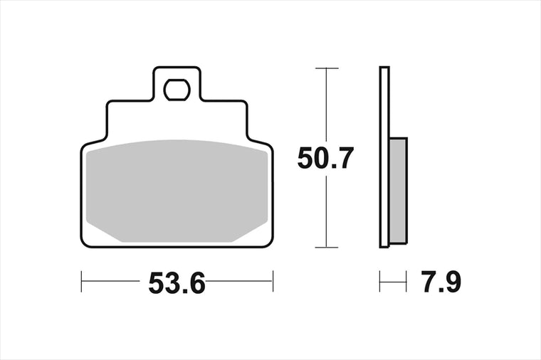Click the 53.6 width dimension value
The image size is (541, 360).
tap(177, 282)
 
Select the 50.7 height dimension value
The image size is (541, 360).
tap(325, 158)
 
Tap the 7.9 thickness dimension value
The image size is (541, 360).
tap(441, 282)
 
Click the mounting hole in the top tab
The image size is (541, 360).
tap(177, 90)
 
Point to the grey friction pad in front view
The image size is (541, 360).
tap(177, 191)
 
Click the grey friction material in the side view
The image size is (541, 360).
tap(399, 191)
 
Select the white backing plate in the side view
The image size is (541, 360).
tap(384, 157)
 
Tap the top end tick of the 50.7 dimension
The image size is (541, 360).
tap(327, 68)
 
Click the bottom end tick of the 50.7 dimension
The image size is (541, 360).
tap(327, 248)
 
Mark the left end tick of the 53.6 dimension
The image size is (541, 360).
tap(81, 281)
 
